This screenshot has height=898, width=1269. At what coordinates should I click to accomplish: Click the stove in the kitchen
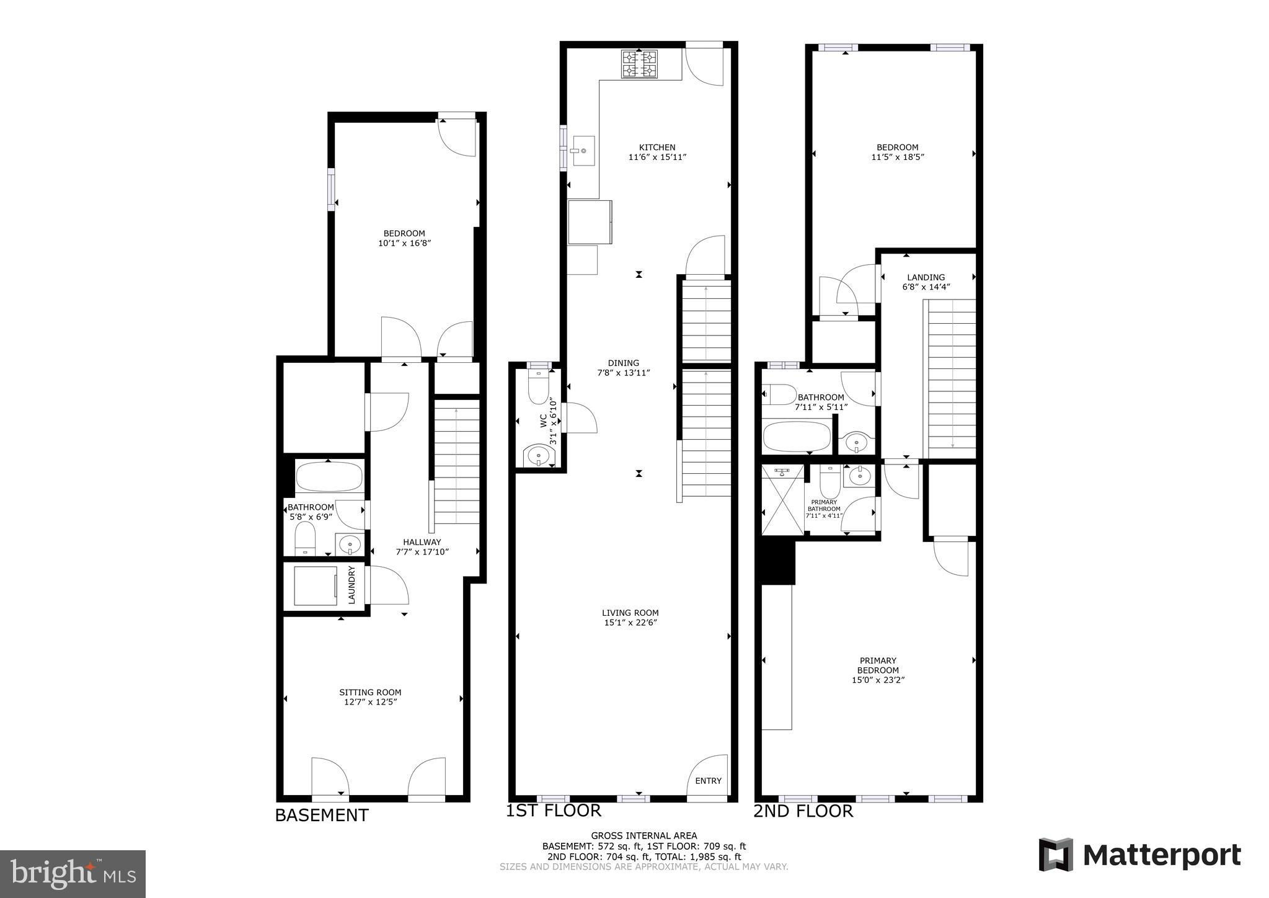point(639,64)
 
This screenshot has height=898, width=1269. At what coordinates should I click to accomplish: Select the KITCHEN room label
point(657,147)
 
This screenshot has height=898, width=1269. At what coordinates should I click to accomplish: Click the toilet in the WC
point(537,386)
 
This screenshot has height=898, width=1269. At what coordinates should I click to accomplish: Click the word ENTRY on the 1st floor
point(708,781)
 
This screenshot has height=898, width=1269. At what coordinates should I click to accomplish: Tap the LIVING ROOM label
point(630,613)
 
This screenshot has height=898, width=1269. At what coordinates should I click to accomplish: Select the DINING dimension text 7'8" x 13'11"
point(623,373)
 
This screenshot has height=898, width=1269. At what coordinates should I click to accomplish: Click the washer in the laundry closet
point(316,585)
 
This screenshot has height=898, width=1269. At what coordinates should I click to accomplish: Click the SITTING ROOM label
point(370,692)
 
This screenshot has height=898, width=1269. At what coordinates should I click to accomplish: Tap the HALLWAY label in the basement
point(422,541)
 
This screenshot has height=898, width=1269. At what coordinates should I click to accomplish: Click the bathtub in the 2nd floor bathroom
point(797,437)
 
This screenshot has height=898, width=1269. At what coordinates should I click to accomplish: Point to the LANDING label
point(926,277)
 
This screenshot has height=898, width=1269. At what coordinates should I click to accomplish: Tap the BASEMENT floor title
point(322,815)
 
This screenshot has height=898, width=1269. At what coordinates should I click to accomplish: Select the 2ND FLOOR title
point(803,811)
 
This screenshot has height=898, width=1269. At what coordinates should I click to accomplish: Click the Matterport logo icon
point(1056,855)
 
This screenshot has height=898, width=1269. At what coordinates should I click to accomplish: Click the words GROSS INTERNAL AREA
point(643,835)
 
